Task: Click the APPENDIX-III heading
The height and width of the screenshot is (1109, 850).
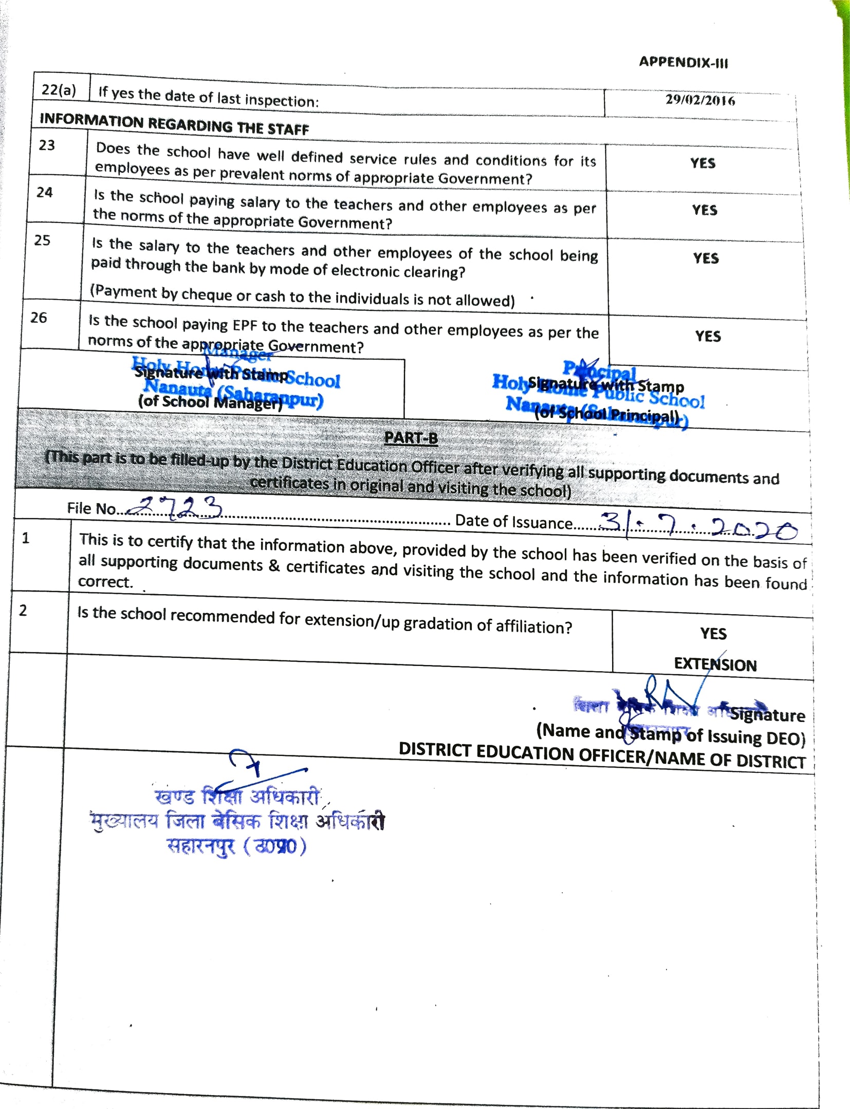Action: [683, 62]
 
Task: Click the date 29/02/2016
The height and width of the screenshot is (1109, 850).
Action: [700, 100]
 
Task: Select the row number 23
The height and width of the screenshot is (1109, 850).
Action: [47, 145]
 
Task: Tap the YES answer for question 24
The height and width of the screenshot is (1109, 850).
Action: [704, 210]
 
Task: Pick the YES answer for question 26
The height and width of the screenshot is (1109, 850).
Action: [708, 336]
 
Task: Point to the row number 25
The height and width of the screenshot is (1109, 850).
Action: [42, 240]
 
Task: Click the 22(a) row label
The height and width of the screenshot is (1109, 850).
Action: [59, 90]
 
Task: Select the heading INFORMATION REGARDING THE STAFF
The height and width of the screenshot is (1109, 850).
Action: [174, 124]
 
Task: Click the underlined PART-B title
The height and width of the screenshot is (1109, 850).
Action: [411, 437]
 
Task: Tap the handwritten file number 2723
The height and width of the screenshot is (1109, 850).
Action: [175, 508]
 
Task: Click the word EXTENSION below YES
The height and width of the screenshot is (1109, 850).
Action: [715, 664]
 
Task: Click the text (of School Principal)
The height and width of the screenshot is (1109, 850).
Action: [606, 414]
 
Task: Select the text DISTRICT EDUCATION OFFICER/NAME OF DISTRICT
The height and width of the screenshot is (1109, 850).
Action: [602, 755]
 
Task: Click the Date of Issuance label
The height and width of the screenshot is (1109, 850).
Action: [513, 521]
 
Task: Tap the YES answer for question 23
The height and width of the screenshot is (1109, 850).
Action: [703, 163]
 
